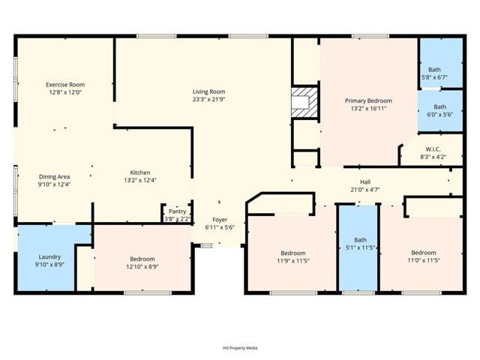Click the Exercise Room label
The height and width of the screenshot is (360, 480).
point(65,85)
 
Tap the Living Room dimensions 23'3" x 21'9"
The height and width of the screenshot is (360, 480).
point(208,99)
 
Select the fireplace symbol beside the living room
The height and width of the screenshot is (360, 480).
point(304,101)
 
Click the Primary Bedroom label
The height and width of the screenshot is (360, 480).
point(368,100)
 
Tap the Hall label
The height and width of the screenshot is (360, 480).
point(365,181)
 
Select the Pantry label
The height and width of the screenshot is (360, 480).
point(177,211)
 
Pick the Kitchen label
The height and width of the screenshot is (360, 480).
point(140,172)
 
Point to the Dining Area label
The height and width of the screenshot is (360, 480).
point(54,177)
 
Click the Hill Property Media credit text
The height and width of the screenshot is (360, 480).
point(240,348)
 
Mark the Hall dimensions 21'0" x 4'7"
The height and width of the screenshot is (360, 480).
point(365,190)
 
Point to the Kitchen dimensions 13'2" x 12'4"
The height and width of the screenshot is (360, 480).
point(140,180)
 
